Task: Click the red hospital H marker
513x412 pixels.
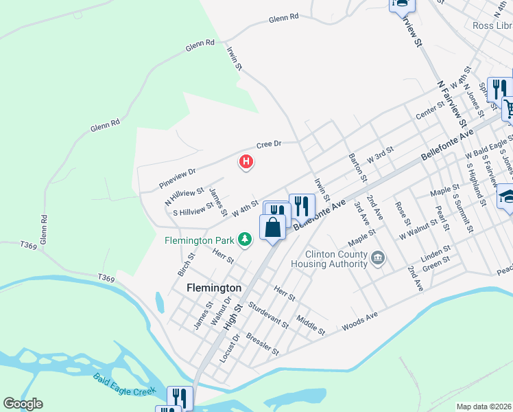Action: click(246, 163)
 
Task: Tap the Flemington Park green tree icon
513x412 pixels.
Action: click(246, 240)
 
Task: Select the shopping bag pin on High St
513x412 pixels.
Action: click(272, 227)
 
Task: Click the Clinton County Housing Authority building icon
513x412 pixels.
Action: click(377, 258)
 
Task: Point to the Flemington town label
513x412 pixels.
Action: click(214, 288)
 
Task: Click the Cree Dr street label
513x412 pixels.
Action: click(270, 144)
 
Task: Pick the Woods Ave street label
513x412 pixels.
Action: click(360, 321)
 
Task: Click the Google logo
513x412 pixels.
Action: click(23, 404)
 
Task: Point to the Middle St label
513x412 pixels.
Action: click(311, 325)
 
